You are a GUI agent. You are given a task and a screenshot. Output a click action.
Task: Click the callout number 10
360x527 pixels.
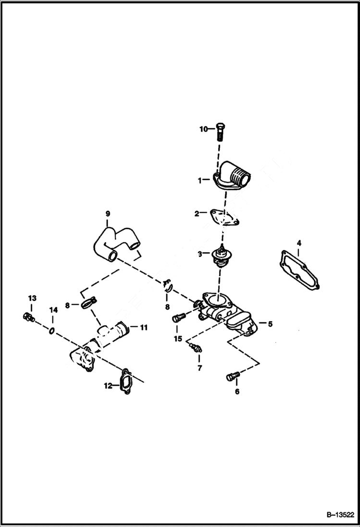point(204,129)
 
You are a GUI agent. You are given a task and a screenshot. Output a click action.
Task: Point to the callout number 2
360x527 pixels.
point(197,214)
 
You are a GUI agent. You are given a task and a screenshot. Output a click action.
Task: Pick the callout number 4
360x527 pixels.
point(298,243)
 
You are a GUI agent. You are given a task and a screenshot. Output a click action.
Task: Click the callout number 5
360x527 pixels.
point(270,324)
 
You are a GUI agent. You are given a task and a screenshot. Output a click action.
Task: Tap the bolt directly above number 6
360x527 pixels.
point(232,377)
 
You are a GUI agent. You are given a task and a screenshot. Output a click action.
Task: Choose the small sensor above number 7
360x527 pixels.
point(195,348)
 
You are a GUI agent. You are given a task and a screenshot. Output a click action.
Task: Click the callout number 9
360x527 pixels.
point(108,213)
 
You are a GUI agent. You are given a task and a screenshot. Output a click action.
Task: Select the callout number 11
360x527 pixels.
point(143,328)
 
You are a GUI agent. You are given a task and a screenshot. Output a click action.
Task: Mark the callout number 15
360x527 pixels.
point(178,339)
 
